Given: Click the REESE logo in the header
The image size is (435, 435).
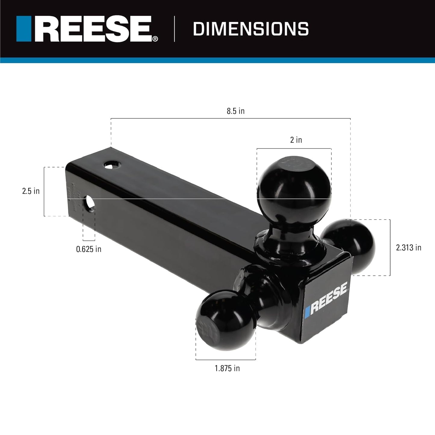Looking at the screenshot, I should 87,29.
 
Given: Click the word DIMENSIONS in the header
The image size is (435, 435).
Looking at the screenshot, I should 251,29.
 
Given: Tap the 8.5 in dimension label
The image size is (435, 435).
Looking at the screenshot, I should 235,111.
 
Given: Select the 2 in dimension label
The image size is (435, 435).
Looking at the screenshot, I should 296,140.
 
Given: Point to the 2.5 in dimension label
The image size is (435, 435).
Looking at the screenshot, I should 31,191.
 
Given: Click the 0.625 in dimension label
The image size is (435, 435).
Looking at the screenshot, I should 89,249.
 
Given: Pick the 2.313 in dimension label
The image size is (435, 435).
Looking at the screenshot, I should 409,248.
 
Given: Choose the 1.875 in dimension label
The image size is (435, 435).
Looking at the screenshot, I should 227,368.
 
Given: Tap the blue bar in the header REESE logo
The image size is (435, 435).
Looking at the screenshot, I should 24,29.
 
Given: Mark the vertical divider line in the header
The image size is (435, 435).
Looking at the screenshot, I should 175,29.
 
